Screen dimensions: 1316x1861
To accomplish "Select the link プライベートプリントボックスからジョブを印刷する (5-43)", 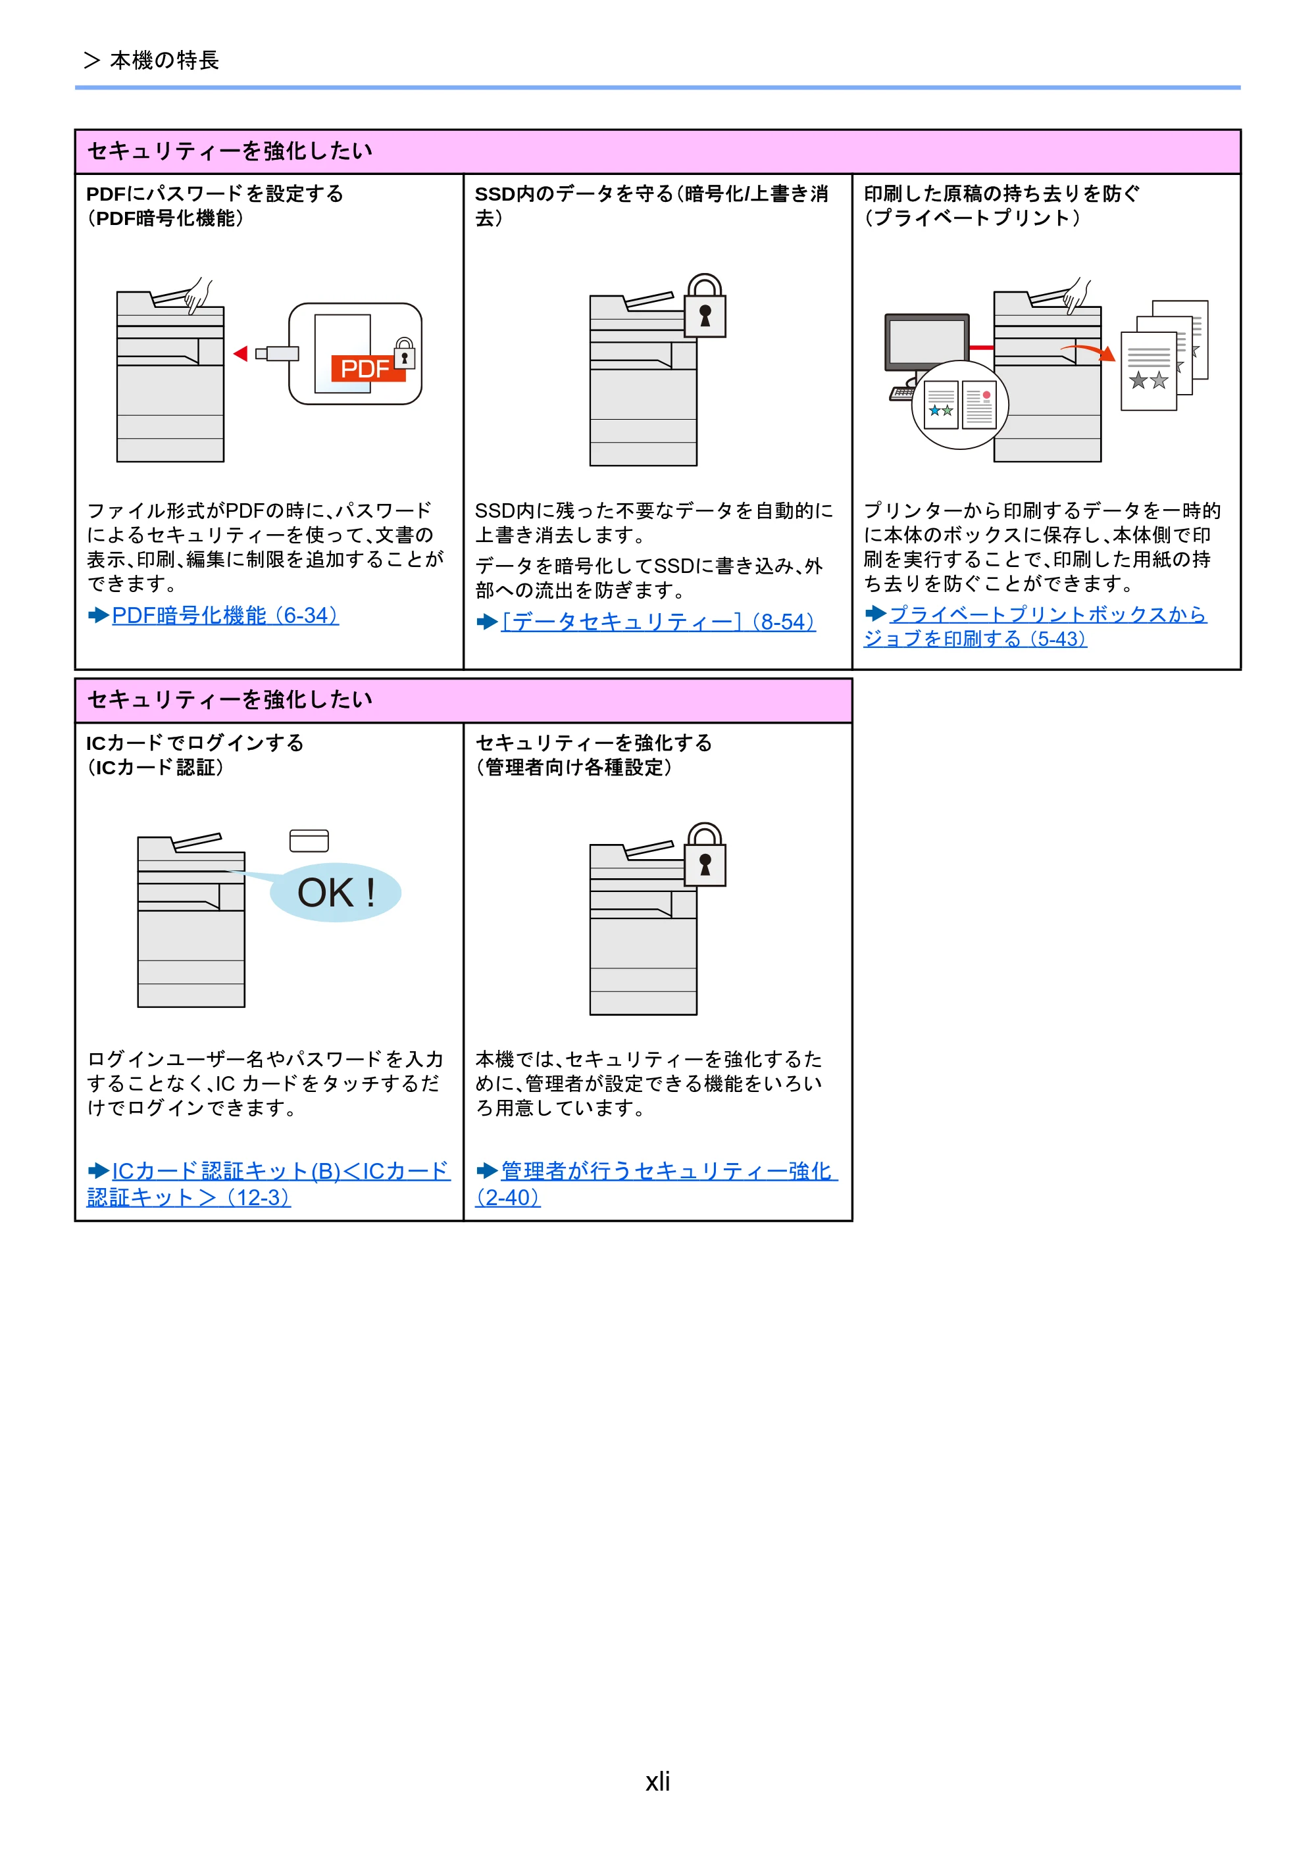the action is coord(1036,626).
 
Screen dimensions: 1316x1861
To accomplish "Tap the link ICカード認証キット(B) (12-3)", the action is coord(268,1184).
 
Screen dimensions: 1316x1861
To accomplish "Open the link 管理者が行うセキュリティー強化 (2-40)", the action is coord(656,1184).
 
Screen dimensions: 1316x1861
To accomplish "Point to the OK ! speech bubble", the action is coord(335,893).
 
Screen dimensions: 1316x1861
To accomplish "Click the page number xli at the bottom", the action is coord(657,1781).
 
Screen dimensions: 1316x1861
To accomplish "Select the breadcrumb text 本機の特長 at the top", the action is coord(164,61).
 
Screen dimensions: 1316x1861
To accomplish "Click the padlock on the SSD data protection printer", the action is coord(705,307).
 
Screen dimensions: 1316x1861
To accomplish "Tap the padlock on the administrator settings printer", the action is coord(705,855).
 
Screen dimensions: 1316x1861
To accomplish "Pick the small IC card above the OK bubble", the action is coord(309,841).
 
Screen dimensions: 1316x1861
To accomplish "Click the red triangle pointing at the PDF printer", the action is coord(240,353).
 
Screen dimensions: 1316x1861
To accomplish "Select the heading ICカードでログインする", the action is coord(195,743).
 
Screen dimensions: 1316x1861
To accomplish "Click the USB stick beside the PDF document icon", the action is coord(277,353).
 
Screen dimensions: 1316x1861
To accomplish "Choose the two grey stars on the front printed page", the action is coord(1149,380).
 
